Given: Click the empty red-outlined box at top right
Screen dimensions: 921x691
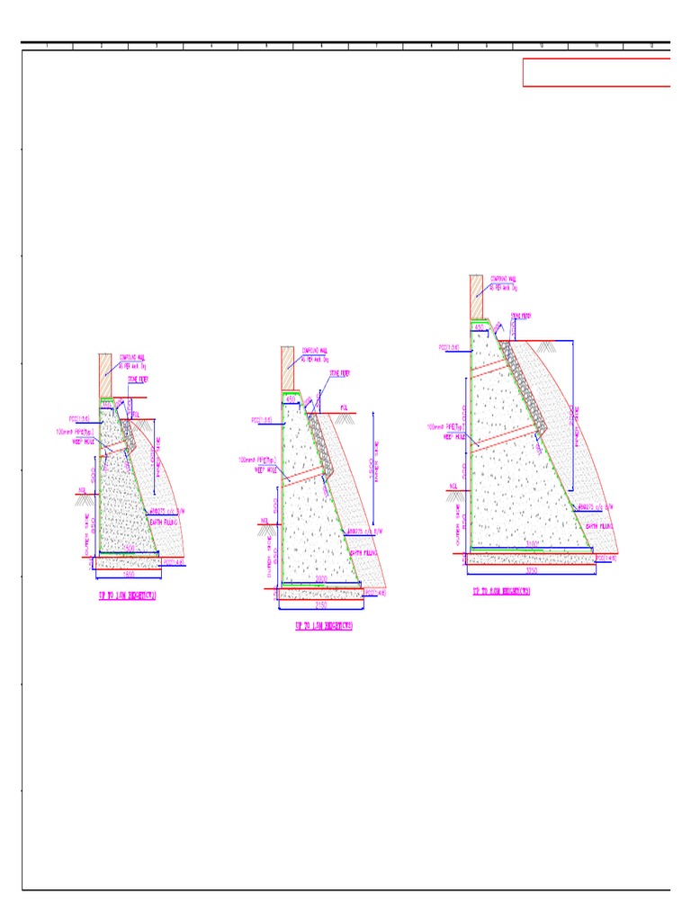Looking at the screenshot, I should click(x=597, y=72).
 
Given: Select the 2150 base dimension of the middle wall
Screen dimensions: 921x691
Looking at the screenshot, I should click(x=321, y=602).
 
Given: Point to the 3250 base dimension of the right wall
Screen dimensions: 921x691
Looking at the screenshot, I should click(x=532, y=569).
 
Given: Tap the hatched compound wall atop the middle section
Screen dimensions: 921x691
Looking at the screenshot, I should click(x=288, y=368).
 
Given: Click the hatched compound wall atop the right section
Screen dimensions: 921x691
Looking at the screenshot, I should click(x=476, y=296).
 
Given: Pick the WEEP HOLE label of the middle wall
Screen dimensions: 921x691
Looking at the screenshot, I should click(x=265, y=469).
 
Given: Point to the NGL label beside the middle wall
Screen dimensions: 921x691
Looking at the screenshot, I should click(x=265, y=520).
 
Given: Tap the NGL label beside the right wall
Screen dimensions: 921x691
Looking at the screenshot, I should click(x=453, y=488).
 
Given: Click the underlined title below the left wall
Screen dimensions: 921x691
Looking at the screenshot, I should click(x=127, y=595).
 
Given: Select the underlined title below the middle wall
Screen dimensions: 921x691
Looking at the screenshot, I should click(x=323, y=626).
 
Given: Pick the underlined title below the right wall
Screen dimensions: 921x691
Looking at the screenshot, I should click(x=501, y=592).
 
